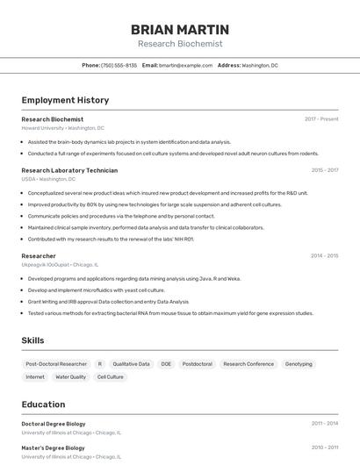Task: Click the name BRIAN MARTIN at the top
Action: point(180,29)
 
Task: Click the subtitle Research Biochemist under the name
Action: point(180,44)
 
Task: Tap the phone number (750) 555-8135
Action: point(119,65)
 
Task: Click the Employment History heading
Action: point(65,100)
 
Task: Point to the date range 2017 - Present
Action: point(321,119)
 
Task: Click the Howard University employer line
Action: point(62,128)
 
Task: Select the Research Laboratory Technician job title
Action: point(69,170)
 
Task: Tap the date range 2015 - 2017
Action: point(324,170)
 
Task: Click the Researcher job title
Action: point(39,256)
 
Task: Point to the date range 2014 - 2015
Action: point(324,256)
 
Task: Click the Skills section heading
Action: point(33,340)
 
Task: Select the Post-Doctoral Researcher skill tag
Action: point(56,363)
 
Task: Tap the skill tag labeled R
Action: point(100,363)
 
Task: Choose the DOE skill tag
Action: point(166,363)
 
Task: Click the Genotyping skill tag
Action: point(299,363)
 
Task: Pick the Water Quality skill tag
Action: point(71,377)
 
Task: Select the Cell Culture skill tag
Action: point(111,377)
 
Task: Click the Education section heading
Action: point(44,404)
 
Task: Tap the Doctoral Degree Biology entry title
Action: point(54,424)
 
